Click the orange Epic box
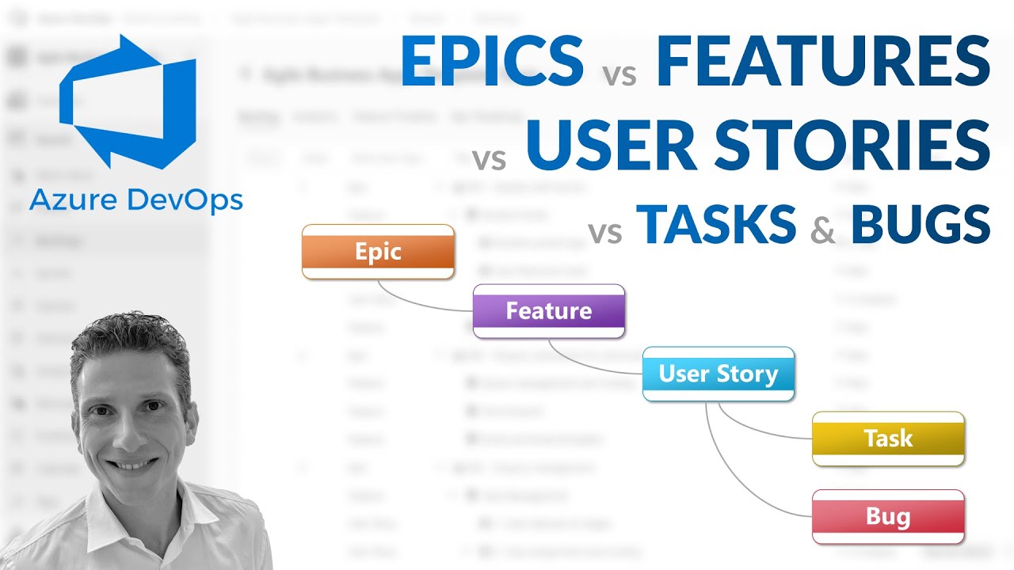click(x=378, y=252)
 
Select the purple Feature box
click(x=548, y=310)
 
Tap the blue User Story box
click(x=718, y=374)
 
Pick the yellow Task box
click(x=888, y=438)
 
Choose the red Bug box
click(x=888, y=517)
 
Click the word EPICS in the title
click(x=492, y=62)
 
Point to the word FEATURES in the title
click(x=823, y=62)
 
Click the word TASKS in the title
click(x=716, y=224)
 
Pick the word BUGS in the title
click(x=920, y=224)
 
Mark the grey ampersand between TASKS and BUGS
click(x=823, y=230)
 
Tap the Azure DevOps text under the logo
click(x=135, y=200)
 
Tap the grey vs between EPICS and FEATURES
click(x=619, y=76)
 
